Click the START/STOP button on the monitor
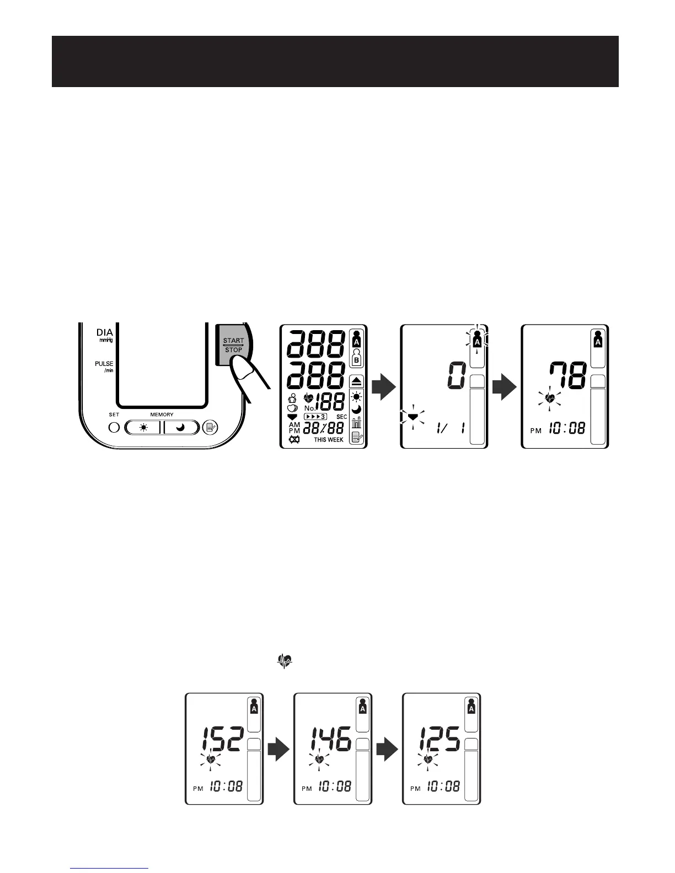(233, 346)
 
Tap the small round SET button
(114, 427)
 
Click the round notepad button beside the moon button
(210, 427)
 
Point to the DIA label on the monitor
(105, 333)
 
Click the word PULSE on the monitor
(104, 364)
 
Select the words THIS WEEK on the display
(329, 440)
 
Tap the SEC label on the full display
(341, 417)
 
